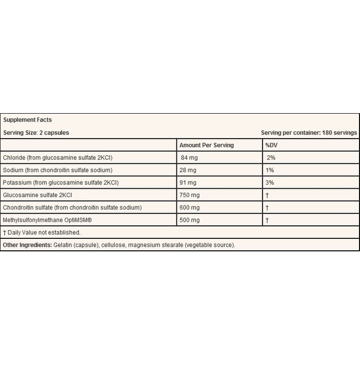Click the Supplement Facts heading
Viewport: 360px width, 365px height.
[28, 120]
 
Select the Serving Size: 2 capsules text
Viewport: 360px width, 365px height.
[36, 132]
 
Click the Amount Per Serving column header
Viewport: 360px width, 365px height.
[207, 145]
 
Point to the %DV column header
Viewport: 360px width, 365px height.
[271, 145]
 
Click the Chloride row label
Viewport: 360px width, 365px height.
[65, 157]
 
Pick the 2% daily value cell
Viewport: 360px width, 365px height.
[270, 157]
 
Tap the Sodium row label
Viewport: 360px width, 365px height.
[65, 170]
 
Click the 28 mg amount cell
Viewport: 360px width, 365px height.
[188, 170]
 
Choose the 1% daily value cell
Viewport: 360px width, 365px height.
[269, 170]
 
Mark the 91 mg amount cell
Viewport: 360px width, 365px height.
[188, 182]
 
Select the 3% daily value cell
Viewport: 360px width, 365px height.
[269, 182]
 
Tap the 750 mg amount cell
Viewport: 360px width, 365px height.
[189, 195]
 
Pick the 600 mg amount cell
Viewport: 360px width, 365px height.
[189, 208]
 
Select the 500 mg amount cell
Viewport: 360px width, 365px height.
[189, 220]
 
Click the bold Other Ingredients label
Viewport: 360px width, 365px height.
[27, 245]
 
